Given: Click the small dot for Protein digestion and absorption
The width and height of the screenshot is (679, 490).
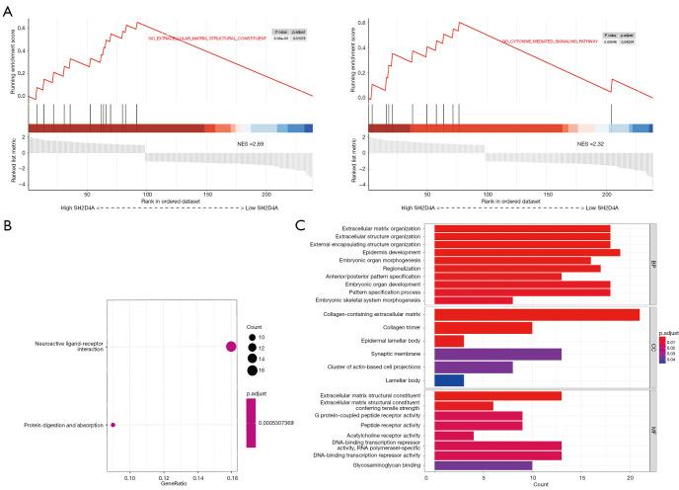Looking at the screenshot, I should tap(113, 425).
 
